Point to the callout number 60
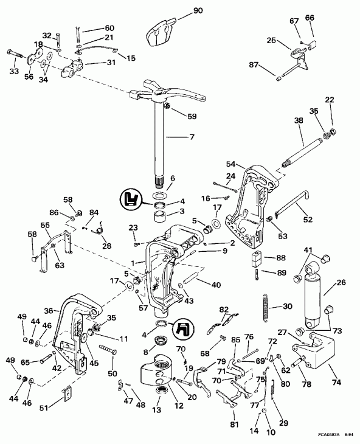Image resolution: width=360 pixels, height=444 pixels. [x=109, y=29]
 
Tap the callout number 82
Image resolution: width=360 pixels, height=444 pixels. [x=224, y=310]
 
